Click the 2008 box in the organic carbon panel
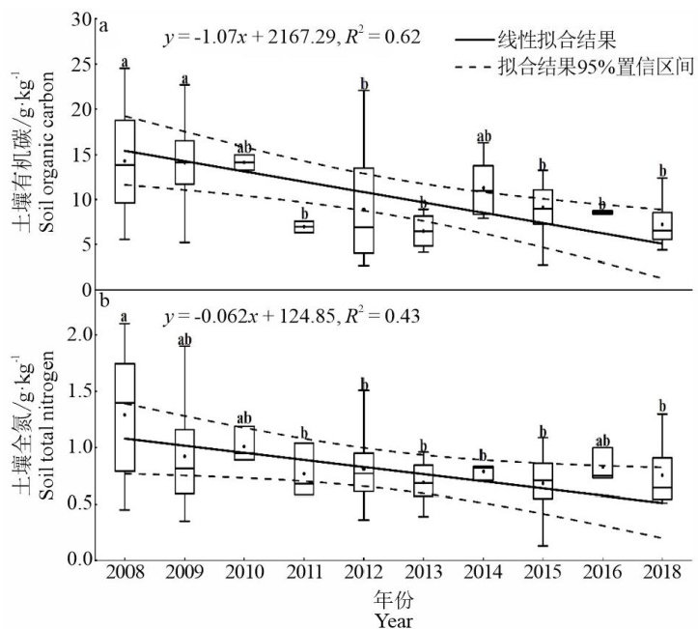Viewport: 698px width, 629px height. (x=125, y=161)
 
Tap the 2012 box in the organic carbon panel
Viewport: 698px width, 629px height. (x=363, y=211)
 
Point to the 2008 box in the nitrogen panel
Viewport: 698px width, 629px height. (x=125, y=416)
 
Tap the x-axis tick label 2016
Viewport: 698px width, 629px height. (x=601, y=577)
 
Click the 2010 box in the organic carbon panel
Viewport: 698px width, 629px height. (x=243, y=161)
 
